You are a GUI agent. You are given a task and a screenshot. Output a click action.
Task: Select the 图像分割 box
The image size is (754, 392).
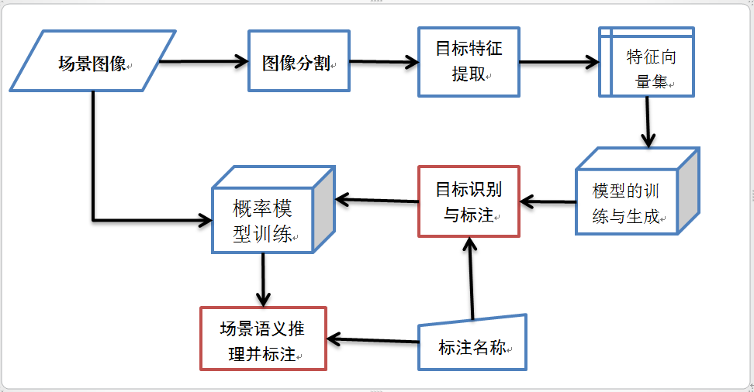point(299,62)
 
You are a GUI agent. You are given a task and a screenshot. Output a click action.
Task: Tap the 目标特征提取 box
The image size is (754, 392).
point(469,62)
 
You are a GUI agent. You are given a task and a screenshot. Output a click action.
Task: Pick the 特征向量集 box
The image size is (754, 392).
point(647,62)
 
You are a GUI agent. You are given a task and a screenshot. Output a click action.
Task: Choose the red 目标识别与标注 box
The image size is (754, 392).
point(469,201)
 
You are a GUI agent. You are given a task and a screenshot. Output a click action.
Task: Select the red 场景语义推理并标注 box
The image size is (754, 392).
point(263,339)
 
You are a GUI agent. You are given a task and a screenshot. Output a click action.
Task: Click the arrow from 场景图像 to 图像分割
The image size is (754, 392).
point(203,61)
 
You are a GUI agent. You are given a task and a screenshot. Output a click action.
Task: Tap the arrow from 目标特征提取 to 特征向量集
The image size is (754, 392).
point(559,63)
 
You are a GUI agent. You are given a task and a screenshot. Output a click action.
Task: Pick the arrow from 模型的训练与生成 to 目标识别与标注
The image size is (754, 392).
point(548,202)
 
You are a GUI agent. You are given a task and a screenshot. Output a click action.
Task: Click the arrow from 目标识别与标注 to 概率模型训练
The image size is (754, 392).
point(376,201)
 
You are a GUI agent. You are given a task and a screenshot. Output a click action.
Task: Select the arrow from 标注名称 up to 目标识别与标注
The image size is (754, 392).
point(470,279)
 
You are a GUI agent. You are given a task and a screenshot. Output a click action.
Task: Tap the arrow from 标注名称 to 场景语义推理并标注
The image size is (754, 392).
point(372,339)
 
